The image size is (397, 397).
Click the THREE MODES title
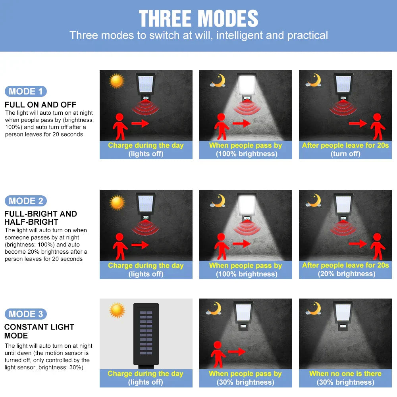click(x=198, y=19)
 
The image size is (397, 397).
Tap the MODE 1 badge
click(x=25, y=91)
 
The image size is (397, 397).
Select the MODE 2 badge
click(x=25, y=201)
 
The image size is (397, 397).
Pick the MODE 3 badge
click(x=25, y=314)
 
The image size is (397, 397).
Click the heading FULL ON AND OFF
click(x=40, y=104)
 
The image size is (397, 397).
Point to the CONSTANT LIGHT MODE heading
click(x=39, y=331)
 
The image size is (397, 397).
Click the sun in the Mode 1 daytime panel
click(x=116, y=81)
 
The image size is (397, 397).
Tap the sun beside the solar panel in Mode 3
click(x=117, y=310)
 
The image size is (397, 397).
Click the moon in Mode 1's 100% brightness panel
click(x=218, y=81)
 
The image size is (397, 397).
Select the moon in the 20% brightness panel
click(x=314, y=200)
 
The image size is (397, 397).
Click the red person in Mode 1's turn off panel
click(x=378, y=127)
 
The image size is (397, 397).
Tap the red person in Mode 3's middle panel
click(x=218, y=355)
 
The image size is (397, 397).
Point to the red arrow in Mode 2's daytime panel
click(x=140, y=245)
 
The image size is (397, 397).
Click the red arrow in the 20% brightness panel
click(x=358, y=244)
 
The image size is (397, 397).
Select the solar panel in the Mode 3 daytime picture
click(x=146, y=334)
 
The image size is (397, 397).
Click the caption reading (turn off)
click(x=345, y=154)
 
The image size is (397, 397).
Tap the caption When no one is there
click(x=345, y=374)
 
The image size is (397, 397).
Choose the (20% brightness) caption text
click(x=346, y=274)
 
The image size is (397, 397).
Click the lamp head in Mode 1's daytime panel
click(x=146, y=83)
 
